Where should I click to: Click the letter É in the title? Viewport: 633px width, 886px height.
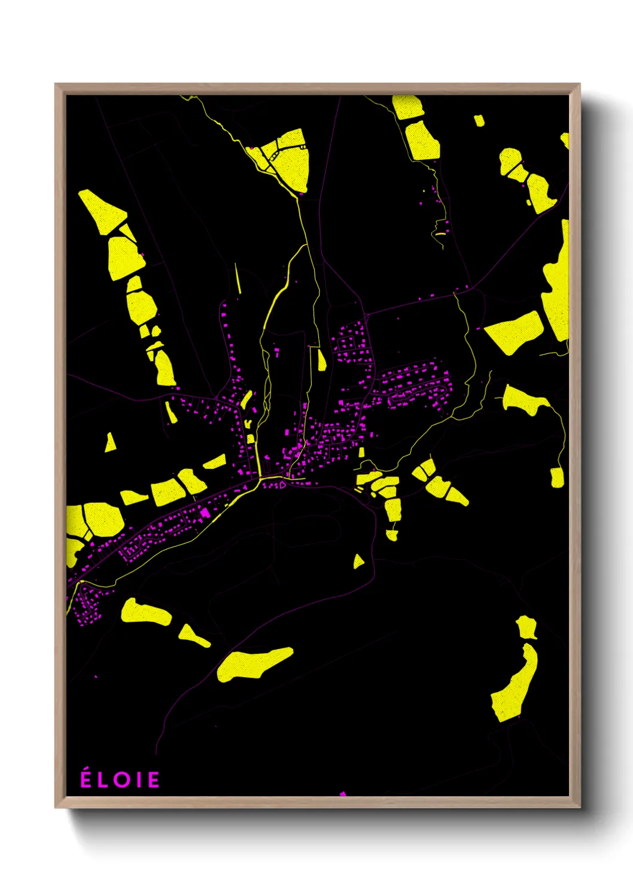86,779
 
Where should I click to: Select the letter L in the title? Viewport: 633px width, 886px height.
104,780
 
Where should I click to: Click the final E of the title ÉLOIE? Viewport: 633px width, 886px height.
154,780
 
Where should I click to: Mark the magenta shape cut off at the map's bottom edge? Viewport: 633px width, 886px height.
343,794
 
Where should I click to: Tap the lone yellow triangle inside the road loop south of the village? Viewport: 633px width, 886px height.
358,562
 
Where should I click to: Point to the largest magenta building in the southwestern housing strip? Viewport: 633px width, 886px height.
205,512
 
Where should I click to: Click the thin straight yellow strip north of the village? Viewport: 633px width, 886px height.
238,278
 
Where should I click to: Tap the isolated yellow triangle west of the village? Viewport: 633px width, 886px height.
110,443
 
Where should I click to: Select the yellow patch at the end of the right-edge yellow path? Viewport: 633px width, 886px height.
557,477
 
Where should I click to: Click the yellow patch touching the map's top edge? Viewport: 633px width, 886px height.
408,106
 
